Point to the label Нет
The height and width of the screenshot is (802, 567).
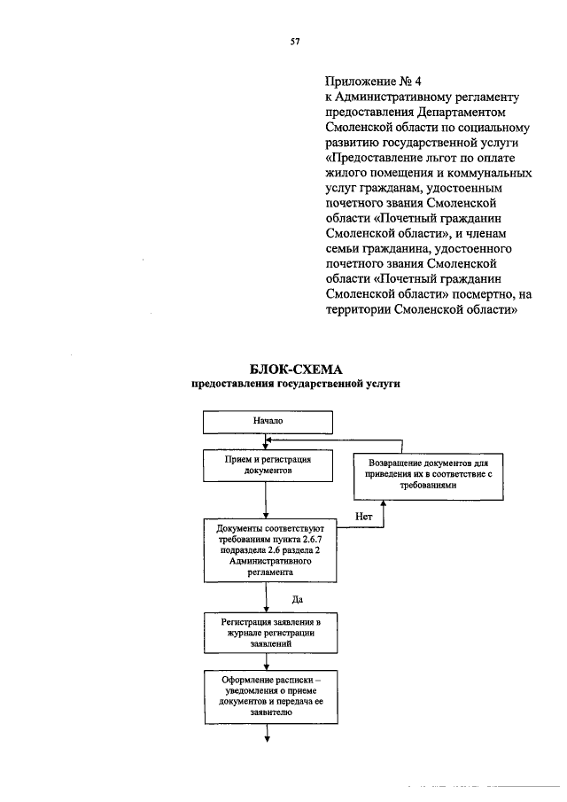click(362, 515)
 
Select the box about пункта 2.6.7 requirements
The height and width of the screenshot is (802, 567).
click(268, 549)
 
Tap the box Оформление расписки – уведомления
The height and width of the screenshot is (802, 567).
click(268, 697)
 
